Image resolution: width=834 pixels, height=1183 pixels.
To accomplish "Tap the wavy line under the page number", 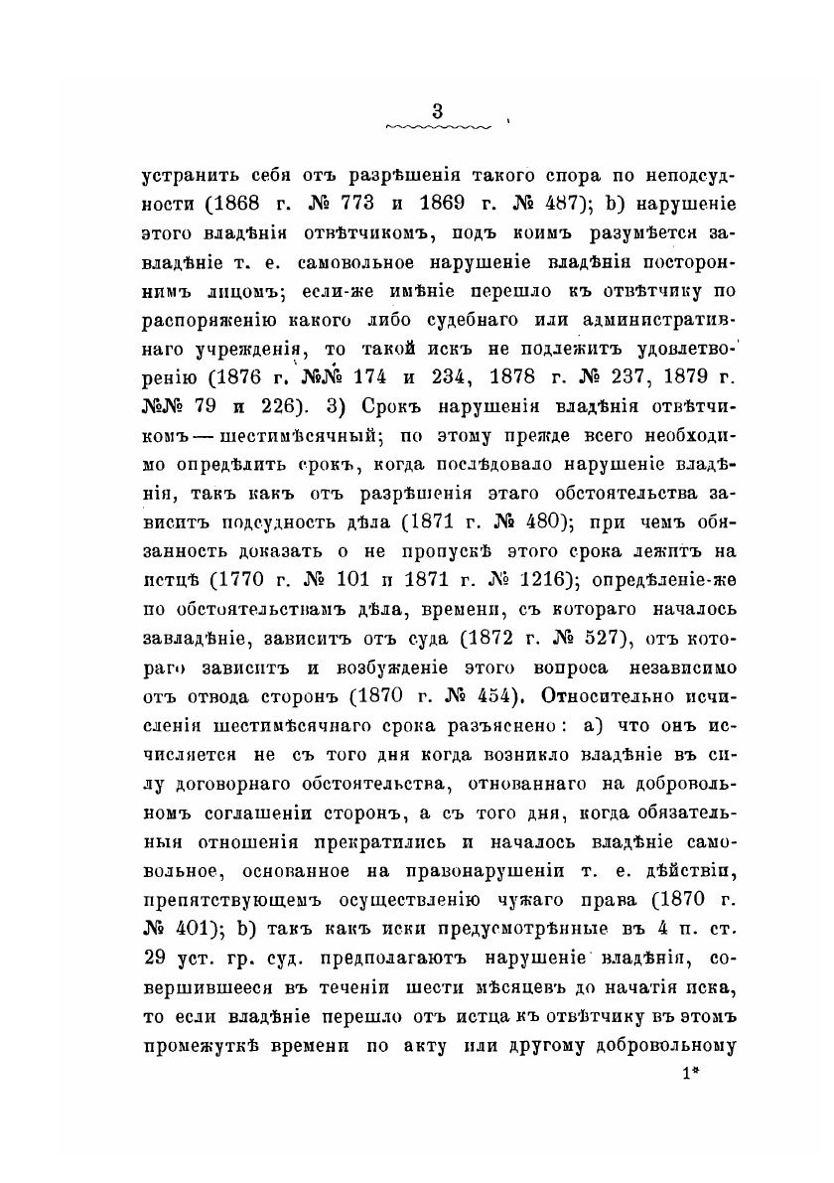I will pos(437,128).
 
